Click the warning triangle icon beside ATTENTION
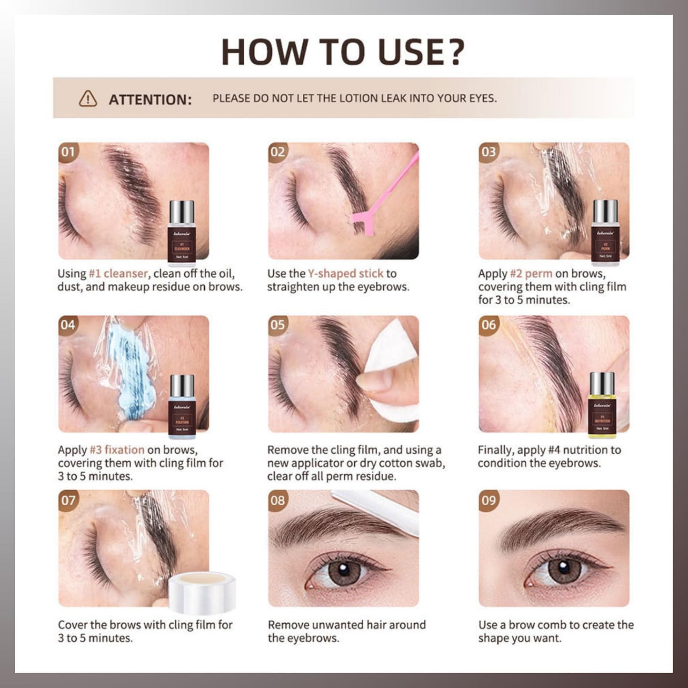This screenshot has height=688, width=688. (x=88, y=99)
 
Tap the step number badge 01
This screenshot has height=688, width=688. (x=68, y=152)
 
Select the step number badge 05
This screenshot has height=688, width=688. (x=278, y=325)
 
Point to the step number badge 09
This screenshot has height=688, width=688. (x=489, y=500)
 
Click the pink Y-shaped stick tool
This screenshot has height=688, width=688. (x=381, y=199)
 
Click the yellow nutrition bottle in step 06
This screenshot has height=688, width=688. (x=602, y=405)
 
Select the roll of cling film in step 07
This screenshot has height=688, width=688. (x=202, y=593)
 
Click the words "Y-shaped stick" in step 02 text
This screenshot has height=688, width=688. (x=345, y=274)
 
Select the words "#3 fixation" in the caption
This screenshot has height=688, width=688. (x=117, y=450)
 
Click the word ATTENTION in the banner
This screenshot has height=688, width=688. (x=150, y=100)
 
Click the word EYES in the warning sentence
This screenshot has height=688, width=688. (x=481, y=99)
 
